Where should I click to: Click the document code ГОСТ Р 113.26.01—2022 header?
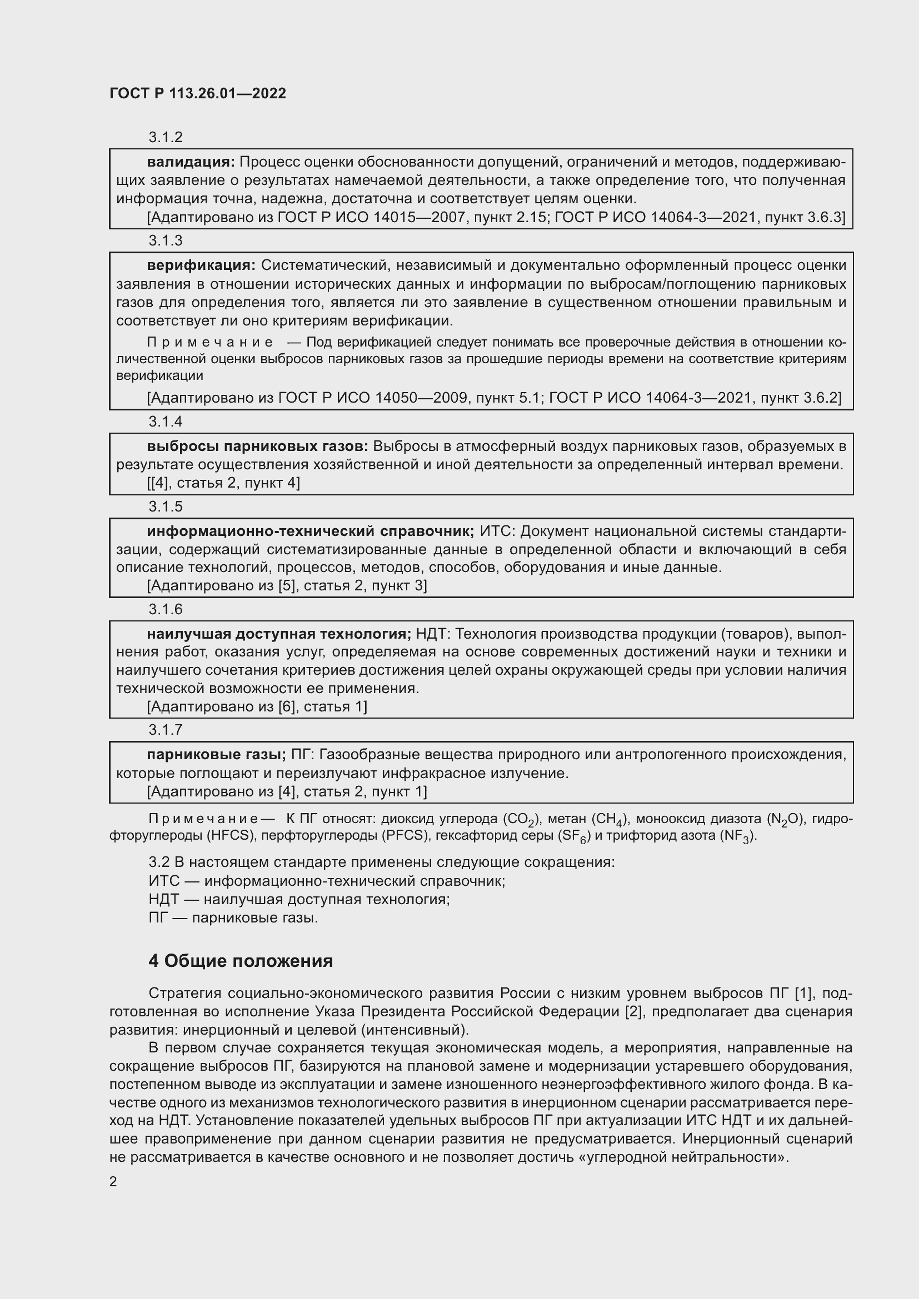(x=197, y=93)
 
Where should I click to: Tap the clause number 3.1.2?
(x=165, y=137)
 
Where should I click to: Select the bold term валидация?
(x=191, y=162)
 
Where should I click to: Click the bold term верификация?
(x=201, y=265)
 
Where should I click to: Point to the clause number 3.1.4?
(x=165, y=422)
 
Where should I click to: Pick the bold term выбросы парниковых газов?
(x=257, y=447)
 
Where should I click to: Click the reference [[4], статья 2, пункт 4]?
(x=223, y=483)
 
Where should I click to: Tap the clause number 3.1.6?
(x=165, y=609)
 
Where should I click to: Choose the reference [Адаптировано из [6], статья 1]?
(x=256, y=706)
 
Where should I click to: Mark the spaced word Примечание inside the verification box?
(x=210, y=342)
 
